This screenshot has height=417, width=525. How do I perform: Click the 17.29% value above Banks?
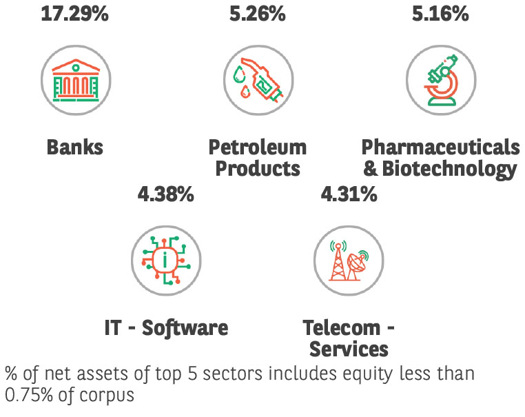point(74,12)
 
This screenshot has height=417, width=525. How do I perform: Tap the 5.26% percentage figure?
point(257,12)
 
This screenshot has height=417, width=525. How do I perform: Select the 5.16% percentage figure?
point(440,12)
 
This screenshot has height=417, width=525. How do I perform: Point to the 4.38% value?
point(165,194)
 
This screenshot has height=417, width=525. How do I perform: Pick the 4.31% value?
point(349,194)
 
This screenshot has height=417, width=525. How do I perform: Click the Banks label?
point(75,147)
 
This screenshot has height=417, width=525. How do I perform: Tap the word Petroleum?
point(257,147)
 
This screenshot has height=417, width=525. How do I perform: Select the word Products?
point(257,169)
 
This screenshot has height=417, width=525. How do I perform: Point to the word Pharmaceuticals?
point(440,147)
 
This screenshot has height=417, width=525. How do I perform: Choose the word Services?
point(349,349)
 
